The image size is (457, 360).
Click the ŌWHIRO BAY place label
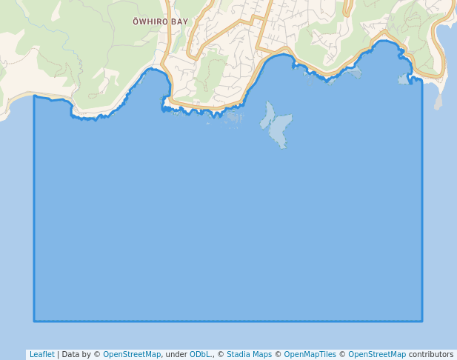(160, 22)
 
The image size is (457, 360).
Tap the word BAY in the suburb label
(179, 22)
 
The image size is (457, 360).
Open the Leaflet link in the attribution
(41, 355)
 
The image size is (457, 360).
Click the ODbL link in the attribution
(201, 355)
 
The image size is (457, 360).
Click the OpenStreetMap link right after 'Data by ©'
(131, 355)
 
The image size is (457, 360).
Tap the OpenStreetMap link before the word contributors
(377, 355)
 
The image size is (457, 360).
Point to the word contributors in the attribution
(431, 355)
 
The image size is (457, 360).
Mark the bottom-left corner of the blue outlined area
(34, 321)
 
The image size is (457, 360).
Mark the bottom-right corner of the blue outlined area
(422, 321)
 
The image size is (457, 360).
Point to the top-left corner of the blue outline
(34, 96)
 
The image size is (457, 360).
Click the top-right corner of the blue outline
(421, 80)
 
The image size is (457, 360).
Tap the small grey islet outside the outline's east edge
(438, 103)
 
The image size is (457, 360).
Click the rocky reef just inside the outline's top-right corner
(404, 79)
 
